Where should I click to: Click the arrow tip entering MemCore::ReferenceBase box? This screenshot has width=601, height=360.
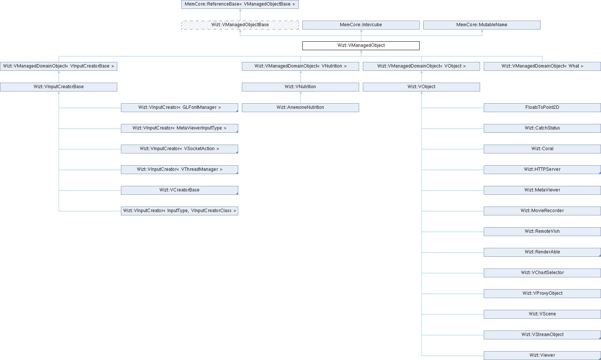click(240, 9)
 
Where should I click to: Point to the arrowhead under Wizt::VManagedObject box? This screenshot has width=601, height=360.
click(361, 51)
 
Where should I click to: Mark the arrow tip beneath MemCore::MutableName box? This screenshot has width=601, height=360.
click(482, 30)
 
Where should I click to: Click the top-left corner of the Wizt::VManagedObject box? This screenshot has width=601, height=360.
click(302, 41)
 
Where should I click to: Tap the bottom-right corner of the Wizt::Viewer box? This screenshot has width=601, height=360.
click(601, 360)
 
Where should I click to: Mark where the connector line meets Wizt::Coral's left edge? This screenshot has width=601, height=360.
click(484, 149)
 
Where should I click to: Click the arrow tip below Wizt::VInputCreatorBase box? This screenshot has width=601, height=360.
click(59, 92)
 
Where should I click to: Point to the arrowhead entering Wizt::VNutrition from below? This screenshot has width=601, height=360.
click(300, 92)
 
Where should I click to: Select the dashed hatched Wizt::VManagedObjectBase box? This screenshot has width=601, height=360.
click(240, 25)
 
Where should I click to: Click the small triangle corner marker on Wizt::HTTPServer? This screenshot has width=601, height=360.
click(600, 173)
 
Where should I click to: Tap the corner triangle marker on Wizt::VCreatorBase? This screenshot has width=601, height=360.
click(237, 193)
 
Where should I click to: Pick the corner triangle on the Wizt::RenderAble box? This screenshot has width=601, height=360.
click(600, 255)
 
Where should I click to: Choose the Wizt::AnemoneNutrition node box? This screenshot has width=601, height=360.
click(300, 108)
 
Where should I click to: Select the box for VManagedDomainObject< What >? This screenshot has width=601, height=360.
click(542, 66)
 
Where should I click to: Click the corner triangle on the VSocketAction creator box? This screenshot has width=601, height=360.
click(237, 152)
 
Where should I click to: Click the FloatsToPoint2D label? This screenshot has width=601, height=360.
click(542, 107)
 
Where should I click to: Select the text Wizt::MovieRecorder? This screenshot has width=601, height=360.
click(542, 211)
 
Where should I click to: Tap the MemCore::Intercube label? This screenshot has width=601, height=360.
click(361, 25)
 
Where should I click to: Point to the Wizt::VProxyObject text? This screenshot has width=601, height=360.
click(542, 294)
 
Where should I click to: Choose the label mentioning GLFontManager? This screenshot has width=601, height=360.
click(180, 107)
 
